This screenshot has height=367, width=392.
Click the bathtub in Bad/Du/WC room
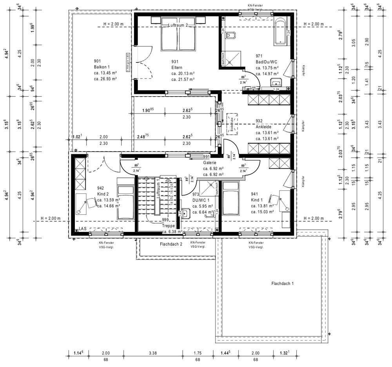(281, 31)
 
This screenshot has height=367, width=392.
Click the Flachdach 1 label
(282, 283)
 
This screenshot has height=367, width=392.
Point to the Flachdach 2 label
(171, 244)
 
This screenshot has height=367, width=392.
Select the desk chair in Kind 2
(92, 203)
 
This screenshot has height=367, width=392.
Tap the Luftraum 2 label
(178, 25)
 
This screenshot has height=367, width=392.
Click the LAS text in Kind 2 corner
(82, 228)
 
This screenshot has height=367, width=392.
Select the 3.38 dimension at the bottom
(153, 353)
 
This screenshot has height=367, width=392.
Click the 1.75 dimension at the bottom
(198, 353)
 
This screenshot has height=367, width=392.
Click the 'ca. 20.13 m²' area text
(183, 73)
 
